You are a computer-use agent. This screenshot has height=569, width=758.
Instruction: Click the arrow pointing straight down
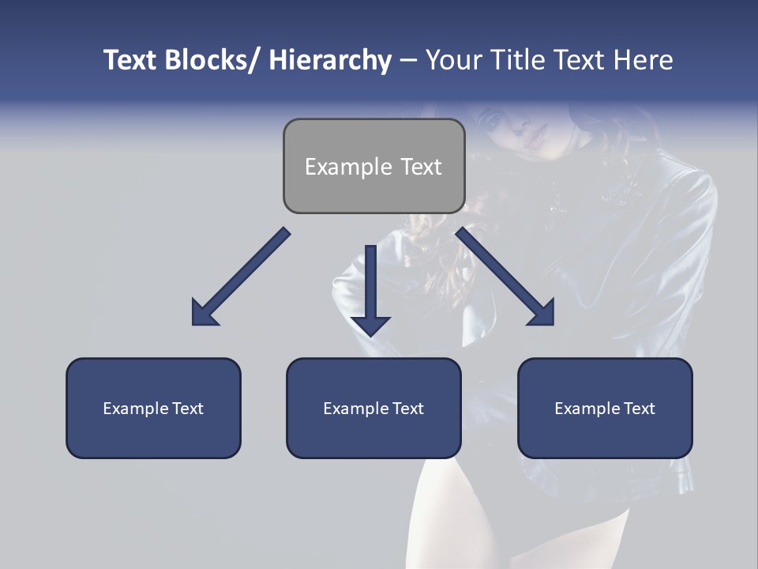tap(370, 288)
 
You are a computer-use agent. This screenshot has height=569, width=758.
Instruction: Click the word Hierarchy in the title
tap(330, 60)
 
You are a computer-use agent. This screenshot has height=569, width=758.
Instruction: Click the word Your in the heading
tap(451, 60)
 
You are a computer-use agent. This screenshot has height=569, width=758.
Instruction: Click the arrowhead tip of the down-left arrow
tap(195, 322)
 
